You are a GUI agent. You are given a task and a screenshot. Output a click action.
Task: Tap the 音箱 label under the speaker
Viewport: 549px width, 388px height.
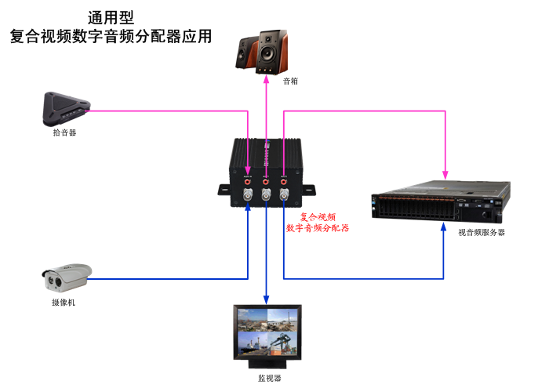tap(268, 81)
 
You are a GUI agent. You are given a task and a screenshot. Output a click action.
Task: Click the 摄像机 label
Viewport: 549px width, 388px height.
tap(64, 302)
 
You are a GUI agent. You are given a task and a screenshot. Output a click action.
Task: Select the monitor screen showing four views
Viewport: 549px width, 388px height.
tap(267, 332)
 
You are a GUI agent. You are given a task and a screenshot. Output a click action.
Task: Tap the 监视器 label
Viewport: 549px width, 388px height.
tap(269, 378)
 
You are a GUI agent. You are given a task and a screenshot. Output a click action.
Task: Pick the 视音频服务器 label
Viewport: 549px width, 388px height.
tap(482, 232)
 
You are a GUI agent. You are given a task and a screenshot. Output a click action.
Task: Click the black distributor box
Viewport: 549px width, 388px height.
tap(267, 173)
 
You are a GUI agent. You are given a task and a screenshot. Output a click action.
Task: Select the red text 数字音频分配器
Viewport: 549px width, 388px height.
tap(318, 228)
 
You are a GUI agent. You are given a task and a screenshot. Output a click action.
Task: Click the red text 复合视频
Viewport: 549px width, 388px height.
tap(318, 216)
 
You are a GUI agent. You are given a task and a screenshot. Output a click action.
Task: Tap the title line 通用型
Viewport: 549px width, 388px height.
tap(110, 16)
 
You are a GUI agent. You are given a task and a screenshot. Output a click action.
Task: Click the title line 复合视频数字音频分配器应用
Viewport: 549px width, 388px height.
tap(111, 36)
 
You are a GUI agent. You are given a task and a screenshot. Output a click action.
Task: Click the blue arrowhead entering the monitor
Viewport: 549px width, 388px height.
tap(267, 300)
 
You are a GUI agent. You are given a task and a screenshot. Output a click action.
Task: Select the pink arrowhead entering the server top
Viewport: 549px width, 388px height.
tap(446, 174)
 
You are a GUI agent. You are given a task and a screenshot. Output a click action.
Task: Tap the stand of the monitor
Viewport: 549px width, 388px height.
tap(267, 363)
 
